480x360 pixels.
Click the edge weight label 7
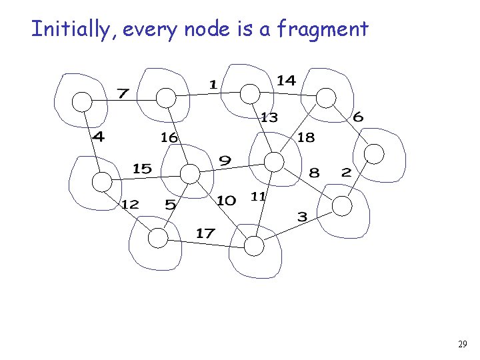click(x=123, y=93)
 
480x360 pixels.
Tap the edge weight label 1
click(x=213, y=84)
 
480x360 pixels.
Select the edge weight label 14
click(x=286, y=80)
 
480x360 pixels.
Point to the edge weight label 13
click(x=269, y=117)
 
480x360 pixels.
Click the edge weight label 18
click(x=305, y=137)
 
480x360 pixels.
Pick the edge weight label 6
click(x=358, y=117)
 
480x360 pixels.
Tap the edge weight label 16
click(x=169, y=137)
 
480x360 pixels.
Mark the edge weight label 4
click(x=98, y=137)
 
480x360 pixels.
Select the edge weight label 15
click(x=142, y=169)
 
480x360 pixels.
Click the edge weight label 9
click(x=225, y=161)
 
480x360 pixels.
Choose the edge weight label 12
click(x=130, y=204)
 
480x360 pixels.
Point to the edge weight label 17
click(x=205, y=233)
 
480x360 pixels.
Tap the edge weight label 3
click(x=302, y=217)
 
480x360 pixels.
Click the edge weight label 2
click(x=345, y=172)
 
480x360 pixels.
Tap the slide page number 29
click(x=463, y=345)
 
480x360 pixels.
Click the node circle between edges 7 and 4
click(x=81, y=101)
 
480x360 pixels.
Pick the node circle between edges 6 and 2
click(x=375, y=154)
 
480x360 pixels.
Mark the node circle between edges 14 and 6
click(x=325, y=98)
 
